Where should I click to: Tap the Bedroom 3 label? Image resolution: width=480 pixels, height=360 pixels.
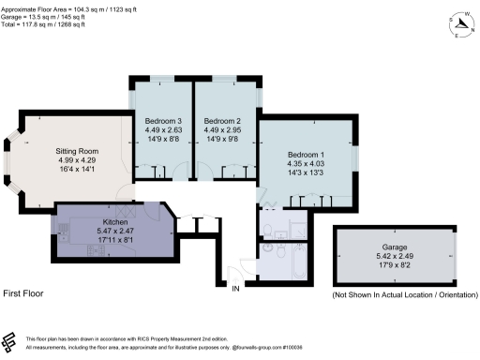pyautogui.click(x=163, y=121)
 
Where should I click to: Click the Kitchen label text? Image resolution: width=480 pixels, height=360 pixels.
pyautogui.click(x=114, y=222)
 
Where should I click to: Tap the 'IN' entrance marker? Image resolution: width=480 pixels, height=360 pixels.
pyautogui.click(x=235, y=288)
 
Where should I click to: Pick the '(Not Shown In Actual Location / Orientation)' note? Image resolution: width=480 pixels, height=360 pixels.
pyautogui.click(x=404, y=294)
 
